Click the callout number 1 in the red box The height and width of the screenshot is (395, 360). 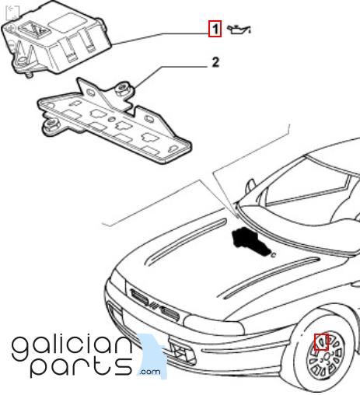[215, 29]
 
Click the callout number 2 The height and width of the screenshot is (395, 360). [215, 62]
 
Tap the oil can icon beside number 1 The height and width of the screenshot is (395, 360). [239, 29]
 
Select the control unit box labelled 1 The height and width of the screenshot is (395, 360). [56, 37]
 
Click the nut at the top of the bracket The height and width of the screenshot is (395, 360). [123, 89]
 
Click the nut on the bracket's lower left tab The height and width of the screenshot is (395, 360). [51, 126]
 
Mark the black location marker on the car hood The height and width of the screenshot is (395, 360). [251, 242]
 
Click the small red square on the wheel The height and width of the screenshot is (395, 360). [321, 342]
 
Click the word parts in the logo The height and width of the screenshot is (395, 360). [81, 366]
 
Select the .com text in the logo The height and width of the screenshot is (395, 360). [150, 372]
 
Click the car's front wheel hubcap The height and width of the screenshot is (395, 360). [326, 355]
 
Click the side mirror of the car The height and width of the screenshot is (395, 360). [250, 185]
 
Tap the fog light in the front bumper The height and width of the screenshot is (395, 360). [182, 351]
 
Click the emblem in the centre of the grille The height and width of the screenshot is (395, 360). [154, 306]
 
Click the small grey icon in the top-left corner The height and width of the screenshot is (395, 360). [12, 12]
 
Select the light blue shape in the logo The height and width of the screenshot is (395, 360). [153, 355]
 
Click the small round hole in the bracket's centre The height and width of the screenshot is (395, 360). [111, 120]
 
